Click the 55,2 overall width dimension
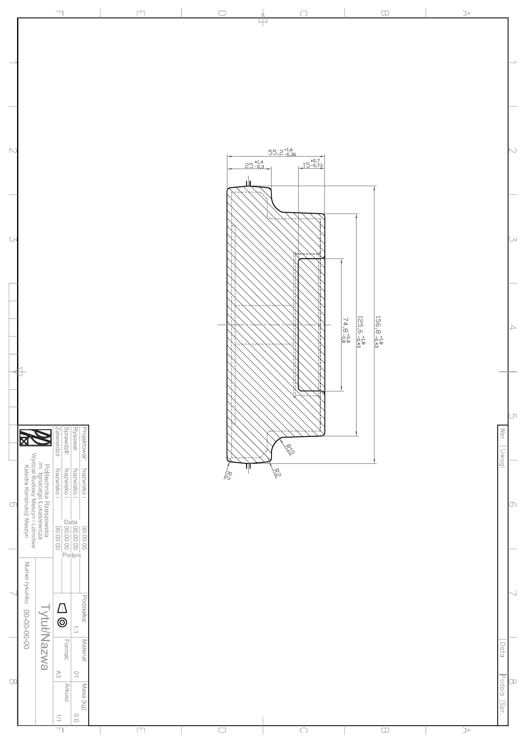pyautogui.click(x=282, y=152)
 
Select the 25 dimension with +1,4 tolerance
pyautogui.click(x=254, y=164)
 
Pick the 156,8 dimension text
pyautogui.click(x=379, y=331)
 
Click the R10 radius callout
pyautogui.click(x=290, y=449)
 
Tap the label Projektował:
pyautogui.click(x=85, y=443)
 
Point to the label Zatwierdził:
pyautogui.click(x=58, y=442)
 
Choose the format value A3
pyautogui.click(x=58, y=674)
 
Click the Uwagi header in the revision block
pyautogui.click(x=503, y=458)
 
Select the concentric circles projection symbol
pyautogui.click(x=62, y=622)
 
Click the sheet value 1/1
pyautogui.click(x=58, y=717)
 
